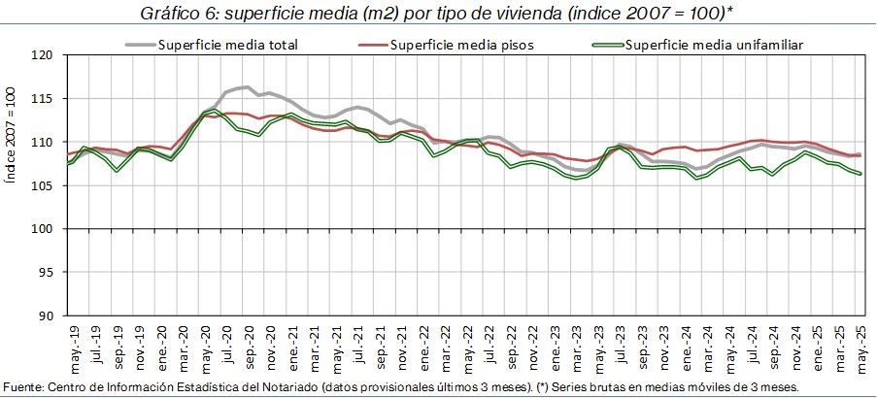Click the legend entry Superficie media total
click(x=228, y=45)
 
